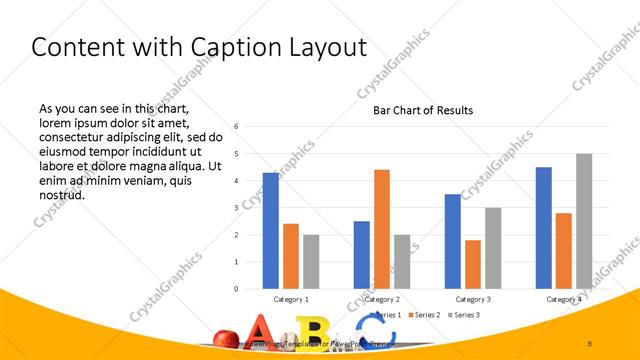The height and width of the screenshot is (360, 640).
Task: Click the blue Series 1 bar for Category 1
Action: [x=271, y=230]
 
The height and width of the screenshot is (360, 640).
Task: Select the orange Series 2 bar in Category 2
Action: [x=382, y=229]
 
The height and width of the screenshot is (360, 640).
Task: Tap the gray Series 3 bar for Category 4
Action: [x=584, y=221]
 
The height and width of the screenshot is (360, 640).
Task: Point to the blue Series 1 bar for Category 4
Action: [x=543, y=227]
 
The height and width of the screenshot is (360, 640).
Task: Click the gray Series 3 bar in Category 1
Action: [x=311, y=261]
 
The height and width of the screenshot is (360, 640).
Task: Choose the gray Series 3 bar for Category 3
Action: [x=493, y=248]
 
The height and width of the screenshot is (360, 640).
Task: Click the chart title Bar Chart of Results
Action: [x=416, y=110]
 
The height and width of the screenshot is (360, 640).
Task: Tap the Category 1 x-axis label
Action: [x=291, y=299]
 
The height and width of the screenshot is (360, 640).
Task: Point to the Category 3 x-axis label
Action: [x=473, y=299]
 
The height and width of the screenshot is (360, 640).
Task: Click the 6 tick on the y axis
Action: [x=236, y=126]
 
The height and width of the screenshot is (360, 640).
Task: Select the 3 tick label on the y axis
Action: [x=236, y=207]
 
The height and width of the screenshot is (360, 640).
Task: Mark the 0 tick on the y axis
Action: [x=236, y=288]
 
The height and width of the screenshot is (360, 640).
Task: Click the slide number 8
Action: [x=590, y=342]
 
